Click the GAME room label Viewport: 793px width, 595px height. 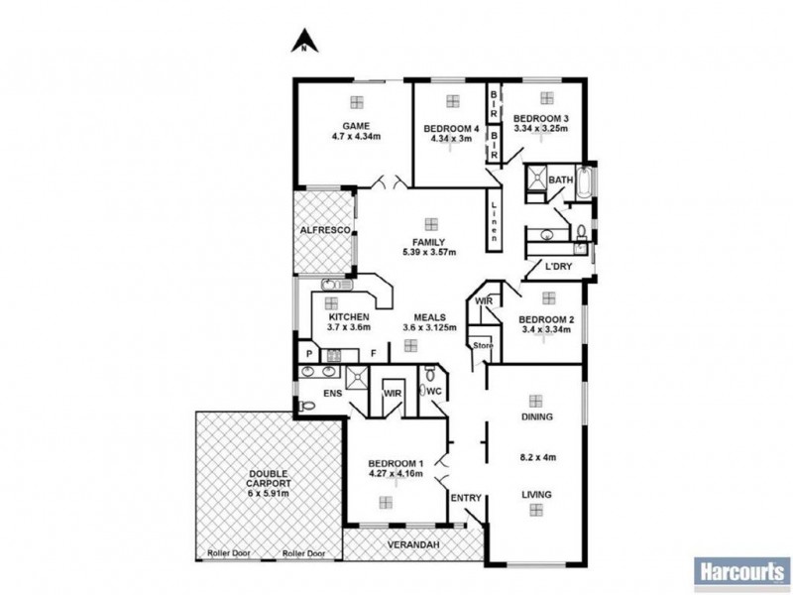(x=356, y=126)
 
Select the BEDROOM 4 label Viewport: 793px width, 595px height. (x=452, y=129)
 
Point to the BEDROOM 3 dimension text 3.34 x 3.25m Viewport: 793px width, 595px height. (x=540, y=129)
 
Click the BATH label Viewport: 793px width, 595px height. (x=561, y=180)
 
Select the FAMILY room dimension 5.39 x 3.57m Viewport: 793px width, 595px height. (x=429, y=253)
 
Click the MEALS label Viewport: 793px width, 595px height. (x=429, y=317)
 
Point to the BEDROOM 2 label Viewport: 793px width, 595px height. (x=544, y=318)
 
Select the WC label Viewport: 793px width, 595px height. (x=433, y=391)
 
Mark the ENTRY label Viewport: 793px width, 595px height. (x=465, y=498)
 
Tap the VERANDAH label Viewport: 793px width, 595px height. (x=414, y=546)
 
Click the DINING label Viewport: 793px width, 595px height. (x=535, y=417)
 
